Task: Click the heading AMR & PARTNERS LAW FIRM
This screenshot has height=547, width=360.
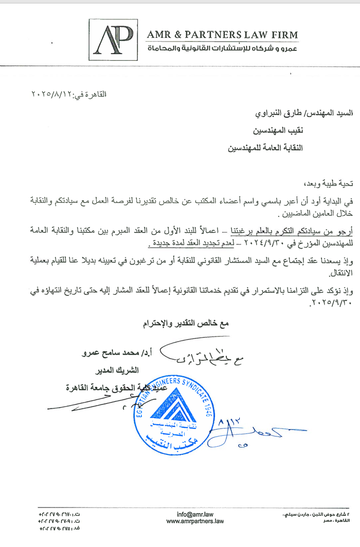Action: [223, 35]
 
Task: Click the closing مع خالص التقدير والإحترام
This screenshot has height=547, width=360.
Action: [186, 323]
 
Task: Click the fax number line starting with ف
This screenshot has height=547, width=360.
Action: [60, 529]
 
